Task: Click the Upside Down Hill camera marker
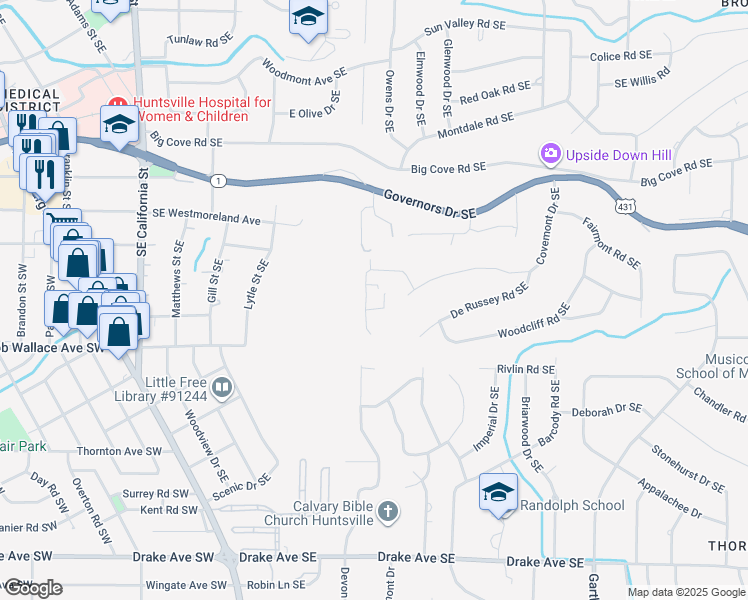(x=550, y=154)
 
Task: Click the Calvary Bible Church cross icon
(x=388, y=514)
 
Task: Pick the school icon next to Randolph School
(x=498, y=492)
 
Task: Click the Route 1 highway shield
(x=216, y=180)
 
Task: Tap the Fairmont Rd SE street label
(x=610, y=244)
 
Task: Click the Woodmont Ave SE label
(x=303, y=73)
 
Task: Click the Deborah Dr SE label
(x=606, y=410)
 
